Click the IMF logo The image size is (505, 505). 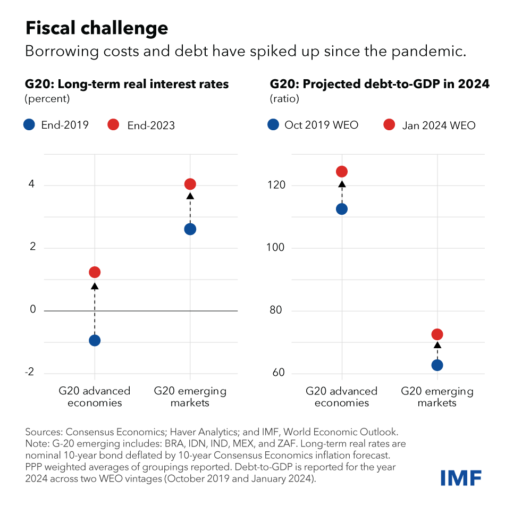pyautogui.click(x=460, y=477)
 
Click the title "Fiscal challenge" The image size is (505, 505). pyautogui.click(x=97, y=28)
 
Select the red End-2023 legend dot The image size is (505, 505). pyautogui.click(x=113, y=125)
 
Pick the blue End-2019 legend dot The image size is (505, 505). pyautogui.click(x=30, y=125)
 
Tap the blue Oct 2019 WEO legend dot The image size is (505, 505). pyautogui.click(x=274, y=125)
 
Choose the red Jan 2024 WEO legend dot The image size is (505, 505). pyautogui.click(x=389, y=125)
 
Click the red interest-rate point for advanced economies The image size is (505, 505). pyautogui.click(x=95, y=272)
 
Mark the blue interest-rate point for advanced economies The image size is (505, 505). pyautogui.click(x=95, y=340)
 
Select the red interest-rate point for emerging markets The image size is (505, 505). pyautogui.click(x=190, y=184)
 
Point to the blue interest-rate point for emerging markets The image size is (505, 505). pyautogui.click(x=190, y=229)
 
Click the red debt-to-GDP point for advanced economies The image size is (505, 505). pyautogui.click(x=342, y=172)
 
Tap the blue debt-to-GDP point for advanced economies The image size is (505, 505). pyautogui.click(x=342, y=209)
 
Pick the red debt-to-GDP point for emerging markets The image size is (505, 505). pyautogui.click(x=437, y=334)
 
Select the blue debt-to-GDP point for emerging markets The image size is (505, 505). pyautogui.click(x=437, y=365)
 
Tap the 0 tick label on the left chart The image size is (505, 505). pyautogui.click(x=32, y=309)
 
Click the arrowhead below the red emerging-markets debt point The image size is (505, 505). pyautogui.click(x=437, y=345)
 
